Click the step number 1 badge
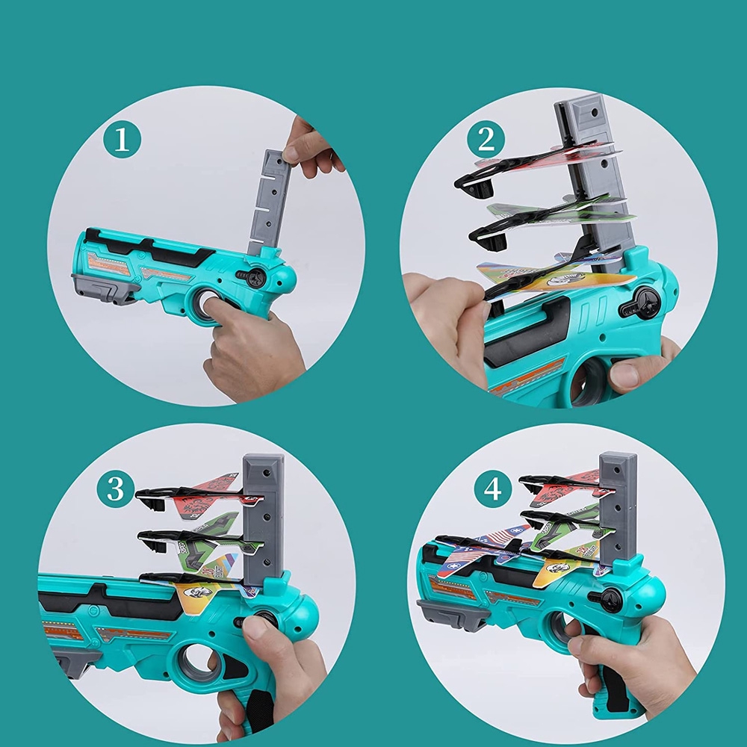click(122, 140)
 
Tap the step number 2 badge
click(486, 139)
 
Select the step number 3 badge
click(115, 489)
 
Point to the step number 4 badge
click(492, 489)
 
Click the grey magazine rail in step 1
click(269, 203)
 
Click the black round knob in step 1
click(255, 278)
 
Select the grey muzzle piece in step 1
click(102, 288)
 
